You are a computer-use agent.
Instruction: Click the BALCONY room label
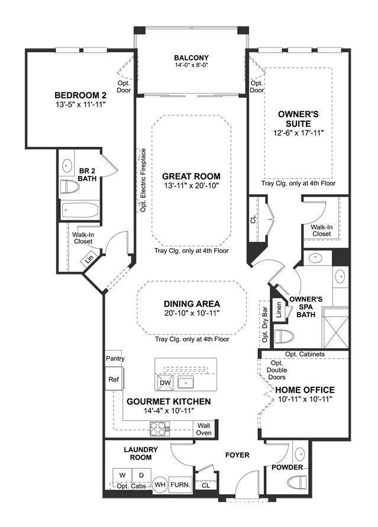pyautogui.click(x=191, y=58)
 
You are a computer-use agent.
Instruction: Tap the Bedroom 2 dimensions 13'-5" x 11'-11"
pyautogui.click(x=80, y=105)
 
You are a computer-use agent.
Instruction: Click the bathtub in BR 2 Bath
pyautogui.click(x=80, y=211)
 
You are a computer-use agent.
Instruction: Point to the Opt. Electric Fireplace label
pyautogui.click(x=143, y=180)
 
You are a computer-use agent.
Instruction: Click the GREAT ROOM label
pyautogui.click(x=191, y=176)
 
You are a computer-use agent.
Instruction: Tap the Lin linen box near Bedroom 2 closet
pyautogui.click(x=89, y=259)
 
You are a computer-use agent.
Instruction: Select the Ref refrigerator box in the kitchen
pyautogui.click(x=114, y=379)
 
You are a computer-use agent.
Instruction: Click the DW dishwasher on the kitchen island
pyautogui.click(x=166, y=383)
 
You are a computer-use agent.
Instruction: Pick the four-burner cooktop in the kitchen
pyautogui.click(x=160, y=429)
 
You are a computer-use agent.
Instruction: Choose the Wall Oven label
pyautogui.click(x=203, y=429)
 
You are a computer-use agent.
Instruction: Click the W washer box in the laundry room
pyautogui.click(x=122, y=475)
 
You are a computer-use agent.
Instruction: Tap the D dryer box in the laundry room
pyautogui.click(x=141, y=475)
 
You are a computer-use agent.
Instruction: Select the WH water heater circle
pyautogui.click(x=160, y=484)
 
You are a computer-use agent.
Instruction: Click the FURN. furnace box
pyautogui.click(x=180, y=484)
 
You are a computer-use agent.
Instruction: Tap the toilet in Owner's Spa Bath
pyautogui.click(x=284, y=336)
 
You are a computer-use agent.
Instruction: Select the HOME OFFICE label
pyautogui.click(x=305, y=390)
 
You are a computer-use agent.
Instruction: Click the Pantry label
pyautogui.click(x=115, y=359)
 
